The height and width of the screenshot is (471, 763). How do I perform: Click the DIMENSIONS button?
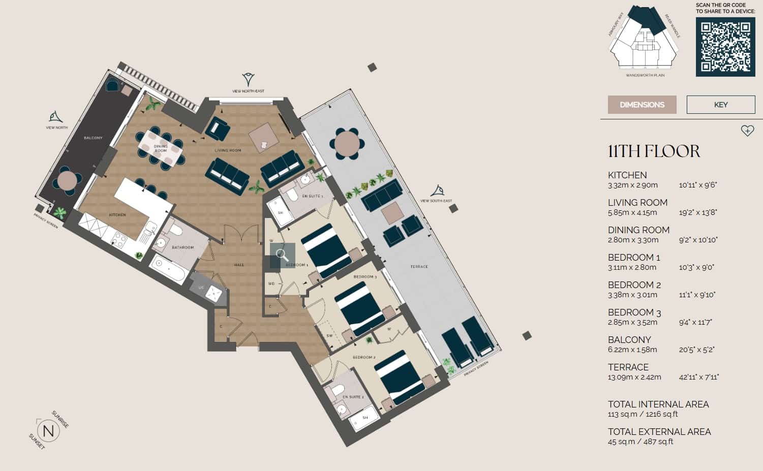click(642, 105)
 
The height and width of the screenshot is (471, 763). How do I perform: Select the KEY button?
click(721, 105)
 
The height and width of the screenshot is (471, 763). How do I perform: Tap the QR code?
click(725, 47)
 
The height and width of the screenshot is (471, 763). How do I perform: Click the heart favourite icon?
click(747, 131)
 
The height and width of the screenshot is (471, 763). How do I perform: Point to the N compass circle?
click(49, 431)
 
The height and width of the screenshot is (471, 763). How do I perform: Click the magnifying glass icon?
click(283, 255)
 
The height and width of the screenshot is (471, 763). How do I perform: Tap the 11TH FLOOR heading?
click(654, 151)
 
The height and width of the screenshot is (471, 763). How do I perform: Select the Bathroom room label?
click(182, 247)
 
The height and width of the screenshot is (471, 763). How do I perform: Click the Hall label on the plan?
click(239, 265)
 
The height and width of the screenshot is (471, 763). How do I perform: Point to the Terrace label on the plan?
click(419, 266)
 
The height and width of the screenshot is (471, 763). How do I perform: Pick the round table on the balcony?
click(67, 180)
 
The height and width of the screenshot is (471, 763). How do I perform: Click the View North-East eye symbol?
click(248, 79)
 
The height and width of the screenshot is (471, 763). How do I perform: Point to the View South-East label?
click(436, 201)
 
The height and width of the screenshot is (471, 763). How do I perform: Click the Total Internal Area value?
click(643, 414)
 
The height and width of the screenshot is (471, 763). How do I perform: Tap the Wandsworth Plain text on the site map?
click(645, 75)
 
